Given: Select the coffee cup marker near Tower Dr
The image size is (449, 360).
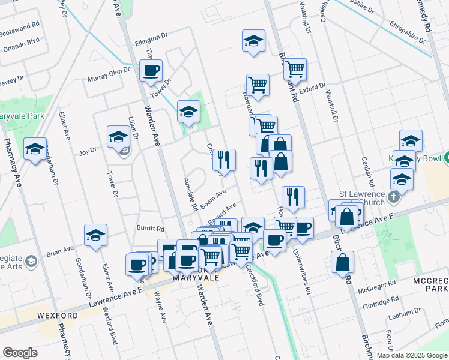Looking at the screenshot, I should [151, 71].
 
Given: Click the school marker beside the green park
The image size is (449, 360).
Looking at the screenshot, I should [188, 112].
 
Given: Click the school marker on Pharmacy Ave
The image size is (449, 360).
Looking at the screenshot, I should [35, 148].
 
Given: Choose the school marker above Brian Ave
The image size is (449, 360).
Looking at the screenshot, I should [95, 236].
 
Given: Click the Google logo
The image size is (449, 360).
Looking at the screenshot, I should [20, 353].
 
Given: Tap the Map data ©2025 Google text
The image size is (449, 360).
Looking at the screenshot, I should [412, 355].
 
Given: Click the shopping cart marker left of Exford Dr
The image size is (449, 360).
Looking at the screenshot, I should [258, 85].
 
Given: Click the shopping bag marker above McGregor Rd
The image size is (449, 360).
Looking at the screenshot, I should [342, 262].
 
